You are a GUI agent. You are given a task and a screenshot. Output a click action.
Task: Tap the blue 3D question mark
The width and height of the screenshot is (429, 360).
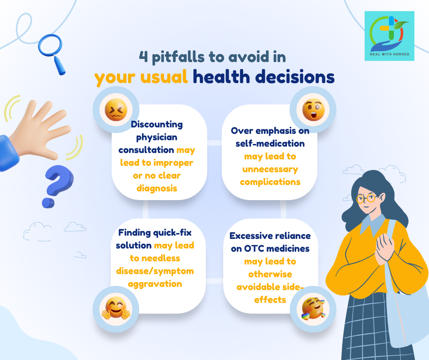(58, 186)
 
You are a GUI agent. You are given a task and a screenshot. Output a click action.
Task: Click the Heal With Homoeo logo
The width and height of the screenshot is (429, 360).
(389, 36)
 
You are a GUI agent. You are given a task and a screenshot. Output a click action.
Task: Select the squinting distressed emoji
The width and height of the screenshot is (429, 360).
(116, 110)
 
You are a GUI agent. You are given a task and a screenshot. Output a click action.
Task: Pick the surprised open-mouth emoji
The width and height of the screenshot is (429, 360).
(313, 110)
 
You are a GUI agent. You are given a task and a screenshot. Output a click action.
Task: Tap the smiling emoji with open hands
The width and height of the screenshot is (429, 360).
(116, 308)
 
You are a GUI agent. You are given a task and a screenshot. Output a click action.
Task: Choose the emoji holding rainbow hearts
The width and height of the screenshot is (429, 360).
(313, 308)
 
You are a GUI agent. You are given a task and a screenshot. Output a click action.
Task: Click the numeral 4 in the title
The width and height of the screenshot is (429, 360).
(143, 56)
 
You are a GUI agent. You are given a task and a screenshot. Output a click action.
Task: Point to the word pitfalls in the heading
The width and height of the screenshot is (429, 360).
(178, 57)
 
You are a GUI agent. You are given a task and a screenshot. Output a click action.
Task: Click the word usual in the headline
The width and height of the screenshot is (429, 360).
(164, 76)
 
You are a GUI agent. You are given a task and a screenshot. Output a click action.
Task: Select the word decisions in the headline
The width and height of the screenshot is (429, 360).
(295, 76)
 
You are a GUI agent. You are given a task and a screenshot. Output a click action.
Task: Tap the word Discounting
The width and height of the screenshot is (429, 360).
(157, 124)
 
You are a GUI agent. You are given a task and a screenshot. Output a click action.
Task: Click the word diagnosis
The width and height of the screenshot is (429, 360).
(157, 189)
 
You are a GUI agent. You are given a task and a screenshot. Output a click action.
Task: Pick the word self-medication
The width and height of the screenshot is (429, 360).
(270, 143)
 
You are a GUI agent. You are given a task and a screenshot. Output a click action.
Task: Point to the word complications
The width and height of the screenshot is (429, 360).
(270, 182)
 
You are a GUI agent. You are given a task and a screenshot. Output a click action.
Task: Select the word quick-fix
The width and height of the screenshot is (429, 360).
(173, 233)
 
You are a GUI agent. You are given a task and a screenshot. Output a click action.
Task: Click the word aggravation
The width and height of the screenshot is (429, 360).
(155, 284)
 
